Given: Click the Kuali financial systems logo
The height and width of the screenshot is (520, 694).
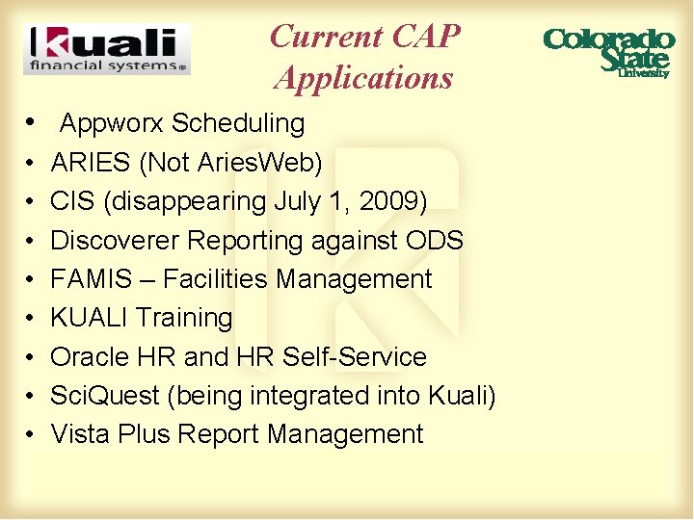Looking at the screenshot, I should point(107,50).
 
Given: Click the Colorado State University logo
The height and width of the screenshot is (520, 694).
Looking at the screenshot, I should point(608,51).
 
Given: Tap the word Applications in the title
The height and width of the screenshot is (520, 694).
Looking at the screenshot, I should point(363,77).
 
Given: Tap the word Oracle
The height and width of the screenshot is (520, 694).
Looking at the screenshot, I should point(90,356).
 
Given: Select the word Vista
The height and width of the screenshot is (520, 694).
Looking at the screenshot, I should point(81,434).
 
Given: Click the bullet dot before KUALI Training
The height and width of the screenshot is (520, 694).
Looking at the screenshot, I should point(31,318).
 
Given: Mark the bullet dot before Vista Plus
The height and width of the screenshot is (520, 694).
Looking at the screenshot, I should point(31,434).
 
